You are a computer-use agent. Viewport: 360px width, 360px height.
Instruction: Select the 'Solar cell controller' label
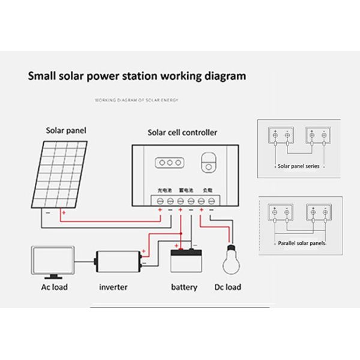182,132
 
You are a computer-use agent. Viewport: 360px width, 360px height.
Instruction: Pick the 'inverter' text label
113,287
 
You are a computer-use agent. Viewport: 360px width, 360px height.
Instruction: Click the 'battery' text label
184,287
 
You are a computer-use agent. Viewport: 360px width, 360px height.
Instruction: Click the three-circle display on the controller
169,162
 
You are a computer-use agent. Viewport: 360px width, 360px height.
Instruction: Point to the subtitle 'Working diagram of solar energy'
137,100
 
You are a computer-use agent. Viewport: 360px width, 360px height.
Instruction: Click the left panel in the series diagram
281,137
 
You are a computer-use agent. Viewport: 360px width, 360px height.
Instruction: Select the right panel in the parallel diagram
317,212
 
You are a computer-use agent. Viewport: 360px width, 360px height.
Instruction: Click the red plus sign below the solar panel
64,212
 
